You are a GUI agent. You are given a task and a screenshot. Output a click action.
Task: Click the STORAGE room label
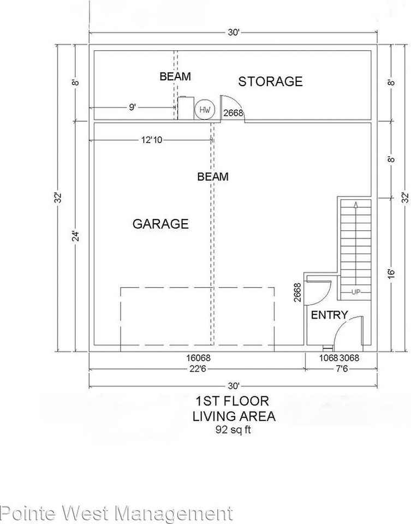(x=270, y=81)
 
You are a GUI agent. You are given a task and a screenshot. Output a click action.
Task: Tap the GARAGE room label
(x=160, y=224)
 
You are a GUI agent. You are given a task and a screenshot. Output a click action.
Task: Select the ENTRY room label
(x=329, y=315)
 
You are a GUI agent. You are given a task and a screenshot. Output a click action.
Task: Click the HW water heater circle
(x=205, y=110)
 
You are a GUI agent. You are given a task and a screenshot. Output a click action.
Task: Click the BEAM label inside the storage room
(x=175, y=76)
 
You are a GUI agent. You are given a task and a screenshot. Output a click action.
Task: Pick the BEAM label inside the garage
(x=213, y=177)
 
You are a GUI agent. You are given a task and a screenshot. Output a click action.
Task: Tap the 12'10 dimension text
(x=152, y=140)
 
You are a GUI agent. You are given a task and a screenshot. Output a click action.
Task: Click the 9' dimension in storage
(x=133, y=108)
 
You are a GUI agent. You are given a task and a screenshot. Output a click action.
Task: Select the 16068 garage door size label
(x=197, y=358)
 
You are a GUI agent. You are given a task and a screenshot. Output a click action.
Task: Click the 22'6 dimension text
(x=197, y=370)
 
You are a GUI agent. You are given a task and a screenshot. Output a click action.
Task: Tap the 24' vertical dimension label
(x=76, y=236)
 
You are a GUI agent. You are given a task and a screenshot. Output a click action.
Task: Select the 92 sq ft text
(x=233, y=430)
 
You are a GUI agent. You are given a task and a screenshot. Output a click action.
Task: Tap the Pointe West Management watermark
(x=116, y=514)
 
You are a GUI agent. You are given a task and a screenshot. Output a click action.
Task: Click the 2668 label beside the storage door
(x=233, y=113)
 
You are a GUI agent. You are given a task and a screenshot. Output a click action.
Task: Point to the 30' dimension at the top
(x=233, y=33)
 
